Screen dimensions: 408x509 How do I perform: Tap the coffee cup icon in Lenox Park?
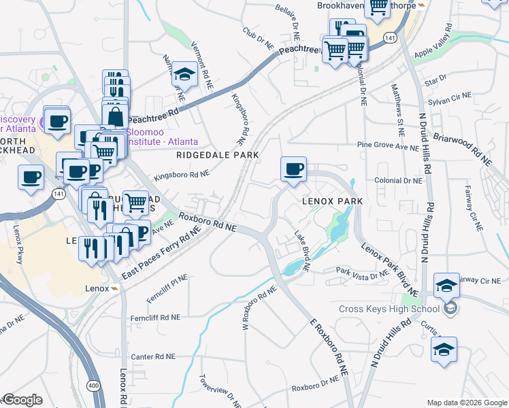coord(293,169)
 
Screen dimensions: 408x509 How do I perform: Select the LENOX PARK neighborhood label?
coord(332,202)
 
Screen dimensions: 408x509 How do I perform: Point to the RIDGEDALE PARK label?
coord(217,156)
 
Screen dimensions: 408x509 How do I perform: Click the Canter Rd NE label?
coord(156,356)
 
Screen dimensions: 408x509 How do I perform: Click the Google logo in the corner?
coord(22,400)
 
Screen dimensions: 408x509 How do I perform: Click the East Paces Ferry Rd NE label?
coord(163,256)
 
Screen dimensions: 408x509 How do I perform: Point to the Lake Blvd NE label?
coord(302,252)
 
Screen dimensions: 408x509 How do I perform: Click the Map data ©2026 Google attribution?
coord(466,403)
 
